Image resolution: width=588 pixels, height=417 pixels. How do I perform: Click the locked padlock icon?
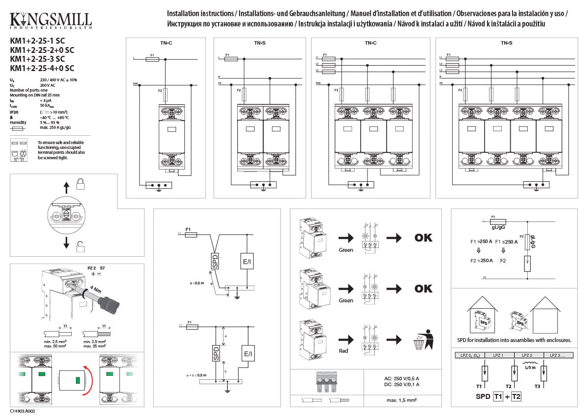pos(81,184)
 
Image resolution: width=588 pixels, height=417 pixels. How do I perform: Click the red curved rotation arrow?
pos(87,380)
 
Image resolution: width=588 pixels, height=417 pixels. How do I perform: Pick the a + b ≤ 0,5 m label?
pos(196,375)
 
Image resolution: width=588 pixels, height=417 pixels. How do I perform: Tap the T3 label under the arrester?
pos(538,387)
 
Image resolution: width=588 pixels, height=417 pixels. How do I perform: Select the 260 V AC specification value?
pos(48,85)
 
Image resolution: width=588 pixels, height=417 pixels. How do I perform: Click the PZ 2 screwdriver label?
pos(91,269)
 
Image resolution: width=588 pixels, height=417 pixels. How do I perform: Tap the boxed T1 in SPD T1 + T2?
pos(498,396)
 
